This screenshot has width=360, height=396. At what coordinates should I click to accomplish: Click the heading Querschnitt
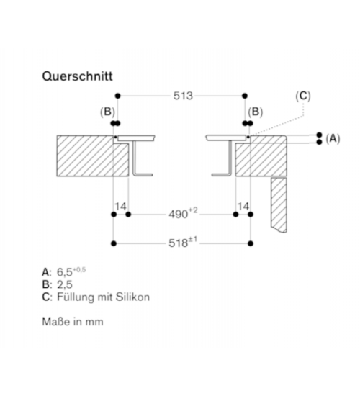click(77, 76)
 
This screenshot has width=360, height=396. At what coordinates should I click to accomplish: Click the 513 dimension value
click(183, 96)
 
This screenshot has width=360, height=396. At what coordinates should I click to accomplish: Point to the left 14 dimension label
click(120, 207)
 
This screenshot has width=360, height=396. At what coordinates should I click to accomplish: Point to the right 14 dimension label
click(243, 207)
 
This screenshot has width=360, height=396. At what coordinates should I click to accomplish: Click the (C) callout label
click(303, 96)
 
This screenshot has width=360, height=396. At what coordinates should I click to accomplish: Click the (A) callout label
click(333, 138)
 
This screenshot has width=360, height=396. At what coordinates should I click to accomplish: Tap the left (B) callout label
click(107, 112)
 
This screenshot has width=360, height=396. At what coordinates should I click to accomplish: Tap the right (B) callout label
click(255, 112)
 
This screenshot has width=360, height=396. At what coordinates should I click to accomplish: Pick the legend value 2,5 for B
click(65, 284)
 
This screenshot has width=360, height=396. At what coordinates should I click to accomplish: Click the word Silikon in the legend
click(132, 297)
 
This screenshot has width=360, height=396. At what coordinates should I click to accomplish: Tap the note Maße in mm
click(73, 322)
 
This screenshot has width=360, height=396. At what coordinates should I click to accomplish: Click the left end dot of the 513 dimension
click(118, 96)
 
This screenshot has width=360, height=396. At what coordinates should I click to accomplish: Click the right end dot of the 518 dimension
click(251, 243)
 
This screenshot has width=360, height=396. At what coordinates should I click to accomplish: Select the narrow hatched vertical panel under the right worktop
click(279, 204)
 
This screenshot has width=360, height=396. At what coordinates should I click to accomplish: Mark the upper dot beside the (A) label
click(320, 135)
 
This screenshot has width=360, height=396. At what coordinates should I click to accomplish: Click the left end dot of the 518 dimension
click(114, 243)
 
